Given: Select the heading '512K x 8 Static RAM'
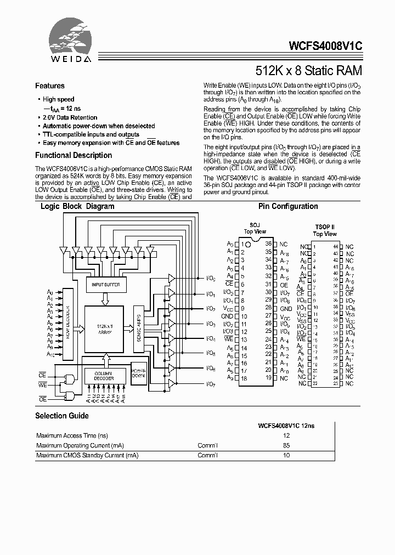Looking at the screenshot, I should click(x=309, y=71).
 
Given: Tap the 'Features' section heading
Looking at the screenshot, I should click(x=50, y=86).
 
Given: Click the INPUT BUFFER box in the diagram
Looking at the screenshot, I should click(x=106, y=285).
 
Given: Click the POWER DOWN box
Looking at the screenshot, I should click(x=139, y=376).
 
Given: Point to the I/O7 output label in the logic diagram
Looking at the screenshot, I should click(x=211, y=384).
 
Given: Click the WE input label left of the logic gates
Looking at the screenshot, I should click(x=43, y=386).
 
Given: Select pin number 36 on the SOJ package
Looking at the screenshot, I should click(x=269, y=243).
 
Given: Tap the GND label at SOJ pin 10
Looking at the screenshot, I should click(x=227, y=316).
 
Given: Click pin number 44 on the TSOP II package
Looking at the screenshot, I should click(x=335, y=247).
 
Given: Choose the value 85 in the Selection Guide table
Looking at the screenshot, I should click(x=286, y=445).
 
